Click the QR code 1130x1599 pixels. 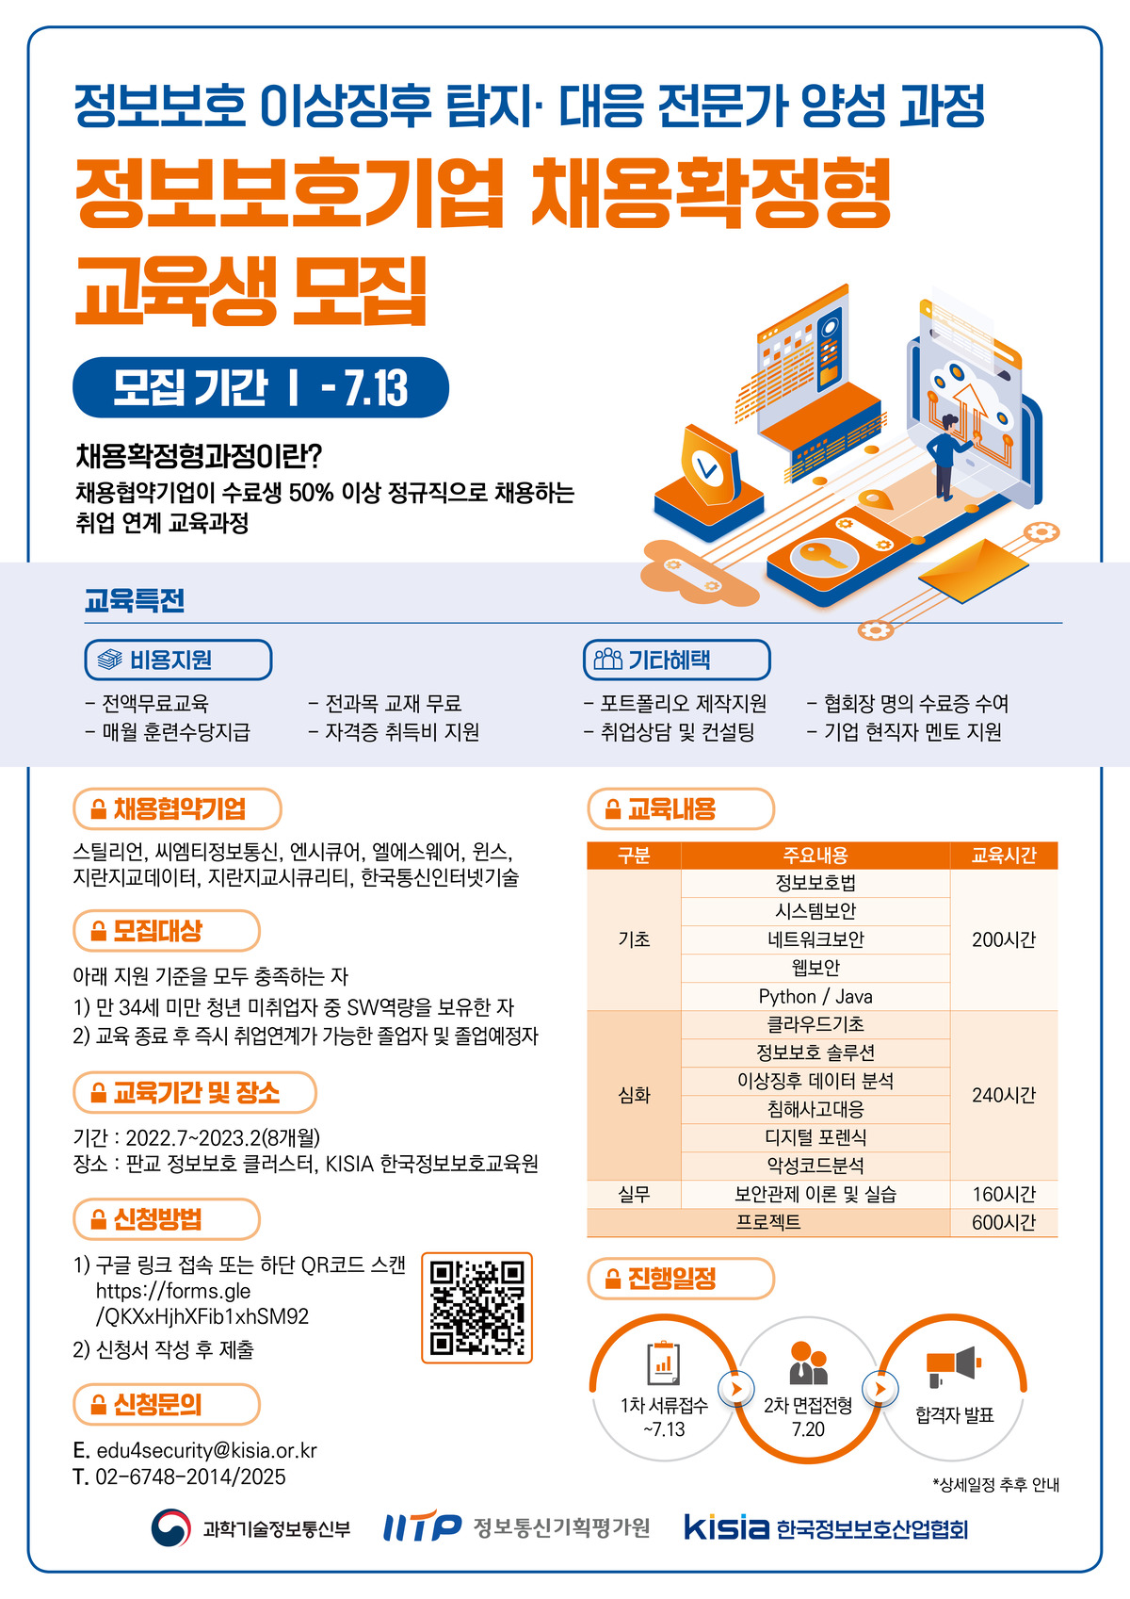pyautogui.click(x=476, y=1307)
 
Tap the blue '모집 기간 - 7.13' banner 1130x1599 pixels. pyautogui.click(x=261, y=387)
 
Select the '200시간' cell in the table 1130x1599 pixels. pyautogui.click(x=1003, y=939)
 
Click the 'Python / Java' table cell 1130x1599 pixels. pyautogui.click(x=815, y=996)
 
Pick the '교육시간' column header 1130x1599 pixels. pyautogui.click(x=1003, y=856)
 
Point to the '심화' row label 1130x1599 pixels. pyautogui.click(x=634, y=1095)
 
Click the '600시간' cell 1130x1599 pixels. pyautogui.click(x=1003, y=1222)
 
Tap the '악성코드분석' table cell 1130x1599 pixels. pyautogui.click(x=815, y=1166)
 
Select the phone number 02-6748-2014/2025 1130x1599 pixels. pyautogui.click(x=190, y=1477)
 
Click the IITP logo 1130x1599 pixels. pyautogui.click(x=422, y=1527)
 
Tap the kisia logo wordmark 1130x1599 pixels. pyautogui.click(x=726, y=1526)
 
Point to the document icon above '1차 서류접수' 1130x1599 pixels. pyautogui.click(x=664, y=1362)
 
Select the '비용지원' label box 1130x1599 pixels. pyautogui.click(x=178, y=660)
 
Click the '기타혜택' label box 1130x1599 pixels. pyautogui.click(x=676, y=660)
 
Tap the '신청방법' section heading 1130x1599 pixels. pyautogui.click(x=167, y=1219)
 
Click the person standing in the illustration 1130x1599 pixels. pyautogui.click(x=946, y=456)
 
